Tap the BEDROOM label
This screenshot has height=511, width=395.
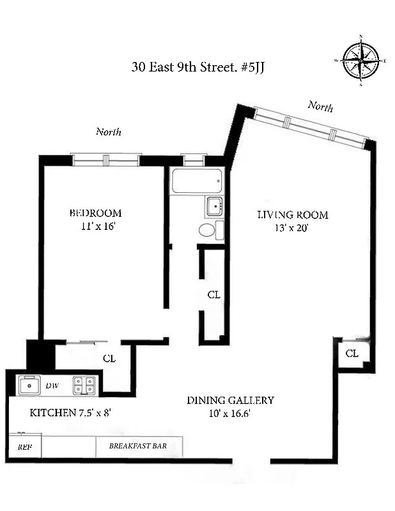95,213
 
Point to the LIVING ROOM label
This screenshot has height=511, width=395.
284,215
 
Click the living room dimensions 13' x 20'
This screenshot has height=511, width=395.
284,228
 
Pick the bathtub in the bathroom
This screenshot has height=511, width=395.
197,181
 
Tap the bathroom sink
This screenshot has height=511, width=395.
214,207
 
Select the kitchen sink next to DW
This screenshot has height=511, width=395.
29,385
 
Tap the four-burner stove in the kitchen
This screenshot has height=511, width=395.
84,385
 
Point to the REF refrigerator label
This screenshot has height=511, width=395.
24,447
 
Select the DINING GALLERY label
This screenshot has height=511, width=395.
230,400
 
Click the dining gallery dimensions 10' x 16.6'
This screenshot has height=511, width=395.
230,413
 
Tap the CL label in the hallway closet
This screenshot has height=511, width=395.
213,295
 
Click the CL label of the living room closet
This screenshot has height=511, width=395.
352,353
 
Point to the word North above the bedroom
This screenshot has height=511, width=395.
109,132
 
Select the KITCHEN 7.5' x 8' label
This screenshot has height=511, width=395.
71,413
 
